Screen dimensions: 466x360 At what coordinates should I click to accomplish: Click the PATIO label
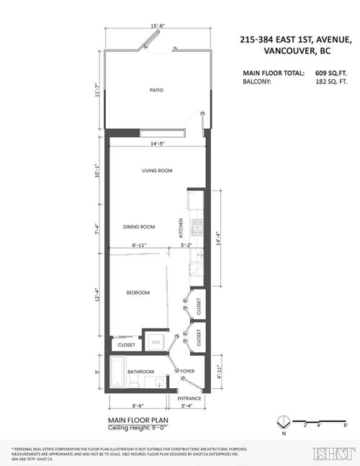(x=156, y=90)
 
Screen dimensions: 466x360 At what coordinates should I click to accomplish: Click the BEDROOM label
(x=138, y=292)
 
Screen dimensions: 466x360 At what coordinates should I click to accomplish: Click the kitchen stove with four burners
(x=195, y=228)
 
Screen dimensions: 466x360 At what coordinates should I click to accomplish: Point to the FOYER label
(x=188, y=372)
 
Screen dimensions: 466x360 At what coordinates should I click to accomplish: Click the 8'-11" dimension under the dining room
(x=140, y=245)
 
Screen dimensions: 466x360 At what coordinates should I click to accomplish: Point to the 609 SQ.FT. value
(x=330, y=73)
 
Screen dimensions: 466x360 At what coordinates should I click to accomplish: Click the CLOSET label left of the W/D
(x=127, y=345)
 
